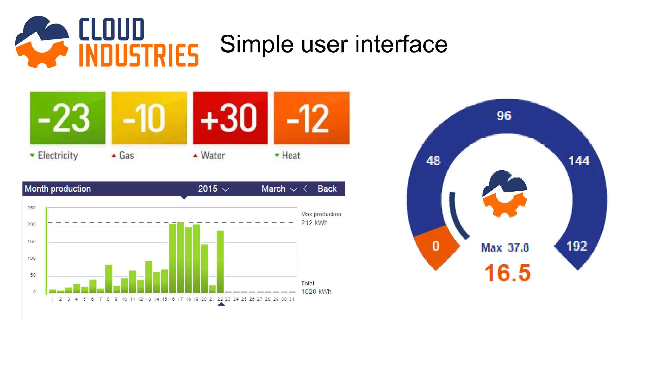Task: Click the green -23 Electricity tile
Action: click(x=67, y=118)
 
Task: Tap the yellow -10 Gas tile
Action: click(x=149, y=118)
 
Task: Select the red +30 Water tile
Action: click(x=230, y=118)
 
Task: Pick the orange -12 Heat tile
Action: click(x=312, y=118)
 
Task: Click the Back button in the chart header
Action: click(x=327, y=189)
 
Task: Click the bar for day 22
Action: click(x=220, y=262)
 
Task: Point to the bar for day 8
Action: click(x=109, y=279)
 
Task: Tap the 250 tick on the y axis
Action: click(x=32, y=208)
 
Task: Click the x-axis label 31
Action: click(x=291, y=299)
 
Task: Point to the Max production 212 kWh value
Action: click(x=314, y=223)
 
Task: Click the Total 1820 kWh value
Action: click(x=316, y=291)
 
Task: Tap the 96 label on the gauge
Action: click(x=504, y=116)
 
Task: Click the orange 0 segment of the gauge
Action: click(x=436, y=247)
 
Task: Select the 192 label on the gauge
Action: click(x=576, y=246)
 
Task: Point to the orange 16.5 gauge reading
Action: click(x=507, y=273)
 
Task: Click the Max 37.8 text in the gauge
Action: click(x=505, y=247)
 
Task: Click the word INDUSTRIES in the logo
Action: click(x=139, y=56)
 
